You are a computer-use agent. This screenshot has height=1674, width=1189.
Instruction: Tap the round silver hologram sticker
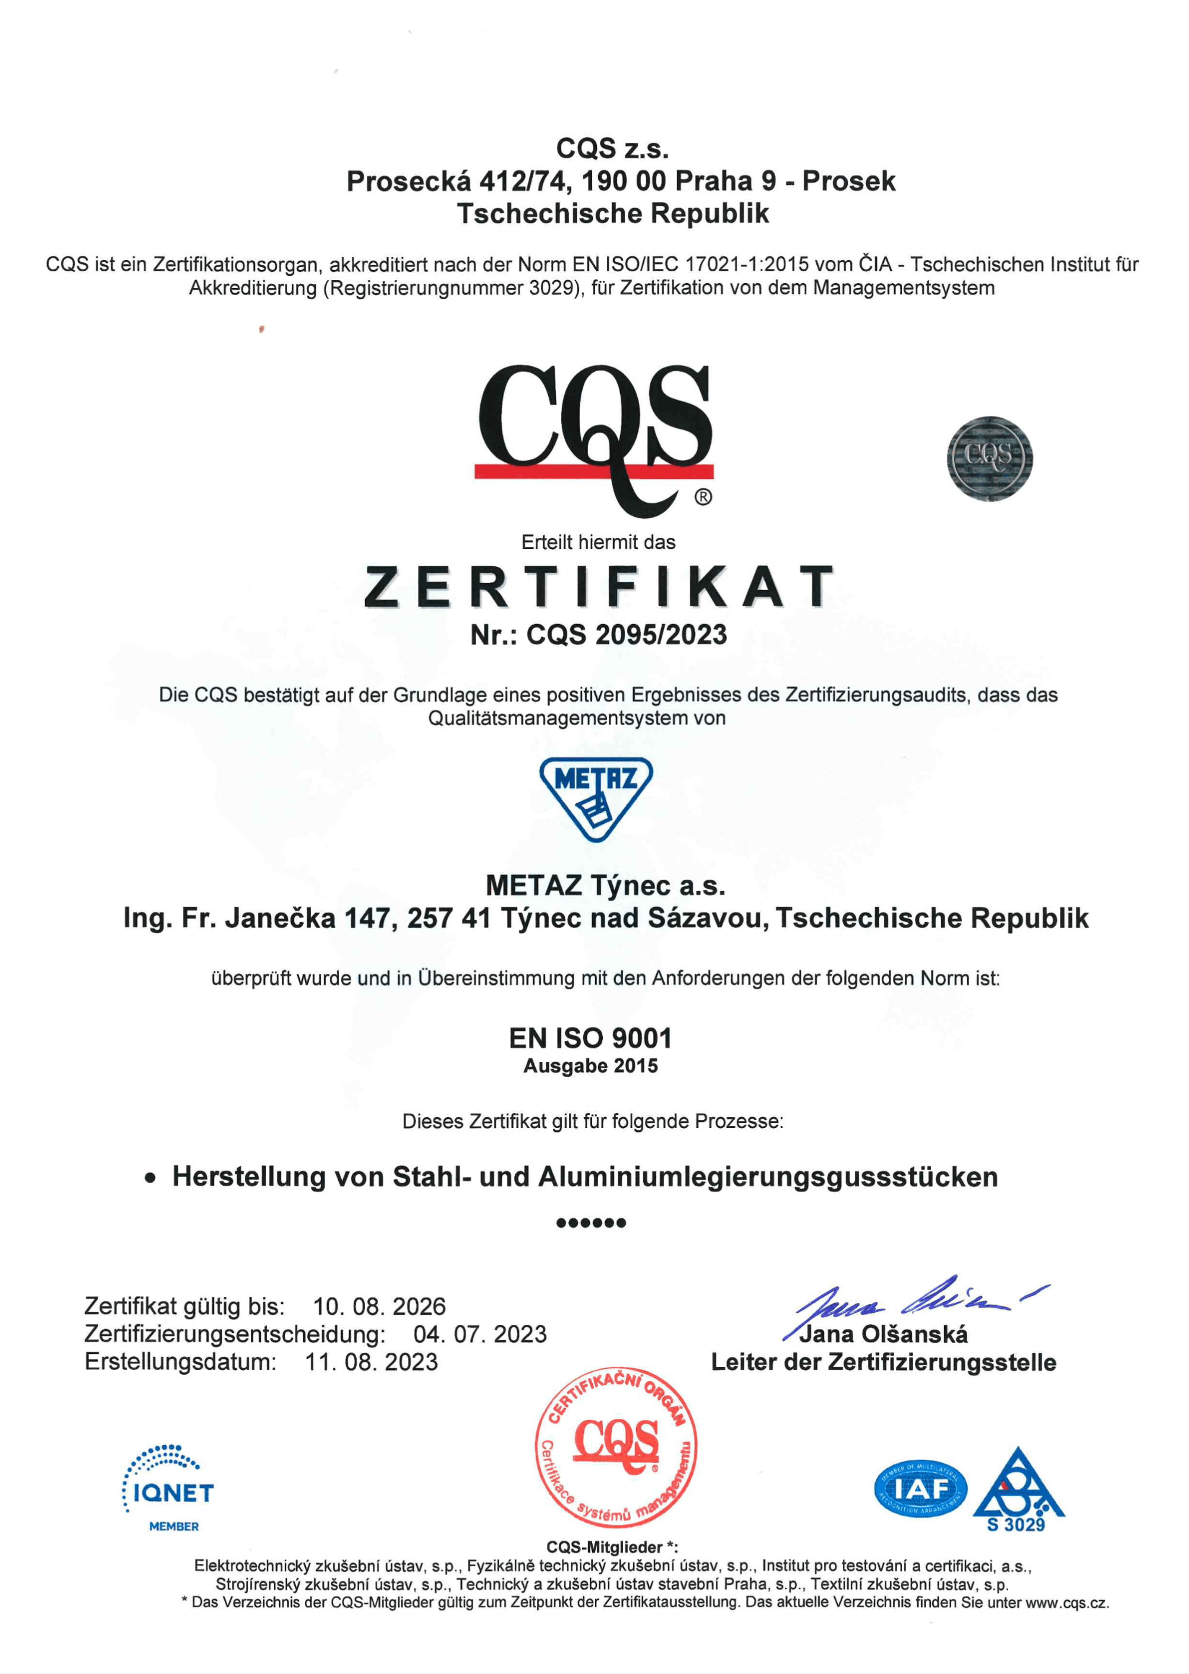989,459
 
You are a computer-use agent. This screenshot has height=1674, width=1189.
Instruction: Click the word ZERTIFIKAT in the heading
598,587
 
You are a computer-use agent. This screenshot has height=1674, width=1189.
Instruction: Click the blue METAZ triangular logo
596,798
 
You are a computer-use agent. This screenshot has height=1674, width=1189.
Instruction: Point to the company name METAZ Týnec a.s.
605,886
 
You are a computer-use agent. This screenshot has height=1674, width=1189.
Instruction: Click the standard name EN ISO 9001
590,1037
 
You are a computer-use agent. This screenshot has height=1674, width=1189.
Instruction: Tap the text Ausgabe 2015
590,1066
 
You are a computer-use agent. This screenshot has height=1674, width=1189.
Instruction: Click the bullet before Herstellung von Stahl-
150,1178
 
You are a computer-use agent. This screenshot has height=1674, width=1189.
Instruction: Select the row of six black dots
591,1222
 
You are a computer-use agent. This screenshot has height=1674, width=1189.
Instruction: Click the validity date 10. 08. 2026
379,1306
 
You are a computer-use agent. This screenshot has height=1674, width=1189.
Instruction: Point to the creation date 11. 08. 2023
371,1362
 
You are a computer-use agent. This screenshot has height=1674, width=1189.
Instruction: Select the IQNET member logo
168,1487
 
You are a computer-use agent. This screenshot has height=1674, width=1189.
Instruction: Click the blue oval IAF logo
920,1488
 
